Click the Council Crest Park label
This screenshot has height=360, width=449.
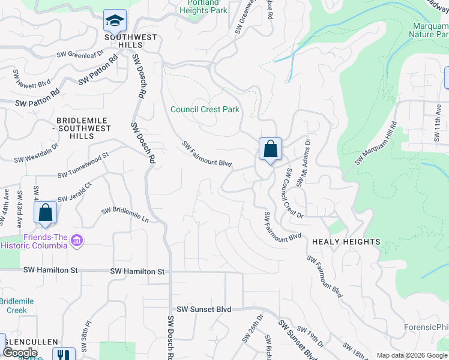[x=205, y=109]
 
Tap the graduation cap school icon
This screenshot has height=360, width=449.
[x=115, y=21]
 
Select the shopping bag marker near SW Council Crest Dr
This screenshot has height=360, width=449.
[x=270, y=148]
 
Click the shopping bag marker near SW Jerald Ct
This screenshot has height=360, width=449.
[x=45, y=212]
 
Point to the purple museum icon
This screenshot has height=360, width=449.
[x=77, y=241]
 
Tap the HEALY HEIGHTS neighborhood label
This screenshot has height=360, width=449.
[x=346, y=242]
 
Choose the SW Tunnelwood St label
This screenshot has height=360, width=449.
[x=83, y=165]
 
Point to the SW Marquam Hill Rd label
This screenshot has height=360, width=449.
[x=376, y=144]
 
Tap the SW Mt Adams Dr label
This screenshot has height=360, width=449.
[x=303, y=163]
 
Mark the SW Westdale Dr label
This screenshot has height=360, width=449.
[x=37, y=152]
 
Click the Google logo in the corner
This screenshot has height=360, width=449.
[x=20, y=353]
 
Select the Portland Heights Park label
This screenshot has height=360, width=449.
[x=203, y=7]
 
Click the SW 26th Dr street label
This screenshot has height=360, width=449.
[x=253, y=329]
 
